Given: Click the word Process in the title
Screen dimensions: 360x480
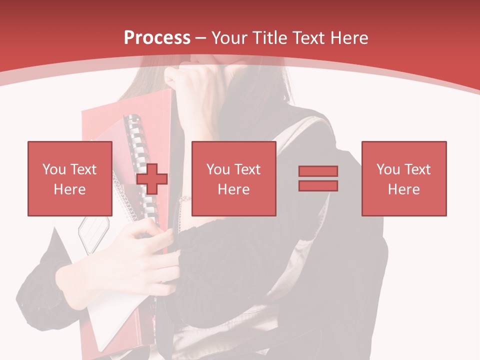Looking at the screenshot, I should coord(157,38).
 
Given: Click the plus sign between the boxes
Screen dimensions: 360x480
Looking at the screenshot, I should coord(152,179).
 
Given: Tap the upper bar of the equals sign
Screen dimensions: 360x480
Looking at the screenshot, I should coord(318,171).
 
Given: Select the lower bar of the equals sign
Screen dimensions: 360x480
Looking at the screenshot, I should coord(318,185).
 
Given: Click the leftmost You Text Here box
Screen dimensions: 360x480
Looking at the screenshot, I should coord(70,178).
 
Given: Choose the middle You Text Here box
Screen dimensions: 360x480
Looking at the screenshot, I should coord(233,178).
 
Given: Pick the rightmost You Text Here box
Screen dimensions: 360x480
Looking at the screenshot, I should coord(404,178).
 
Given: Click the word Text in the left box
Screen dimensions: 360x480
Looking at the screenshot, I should coord(83,169).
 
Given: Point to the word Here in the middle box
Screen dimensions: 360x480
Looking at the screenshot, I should coord(233,189).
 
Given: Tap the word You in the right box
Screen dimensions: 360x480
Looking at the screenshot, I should coord(388,169).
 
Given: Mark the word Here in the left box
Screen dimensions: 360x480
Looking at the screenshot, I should coord(70,189).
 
